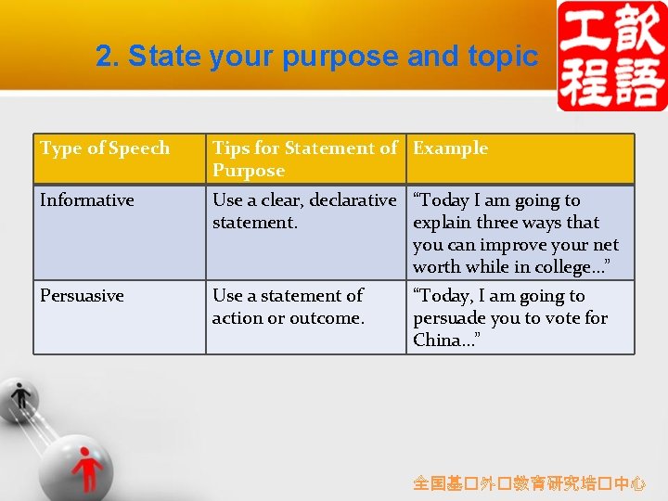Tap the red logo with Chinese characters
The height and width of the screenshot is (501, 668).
[611, 56]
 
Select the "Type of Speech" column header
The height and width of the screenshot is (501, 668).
[105, 148]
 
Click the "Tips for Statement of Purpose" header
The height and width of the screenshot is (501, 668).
[304, 159]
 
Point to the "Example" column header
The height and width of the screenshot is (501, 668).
[450, 148]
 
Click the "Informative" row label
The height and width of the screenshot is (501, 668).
[87, 200]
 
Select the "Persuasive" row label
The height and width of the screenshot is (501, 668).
[82, 296]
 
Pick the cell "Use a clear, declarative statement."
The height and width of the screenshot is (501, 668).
[303, 212]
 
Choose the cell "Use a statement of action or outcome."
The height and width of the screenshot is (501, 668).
[288, 307]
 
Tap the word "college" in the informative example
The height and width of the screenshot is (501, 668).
[567, 267]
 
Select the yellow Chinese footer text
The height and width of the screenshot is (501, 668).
[529, 483]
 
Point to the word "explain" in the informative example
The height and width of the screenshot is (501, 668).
[442, 223]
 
